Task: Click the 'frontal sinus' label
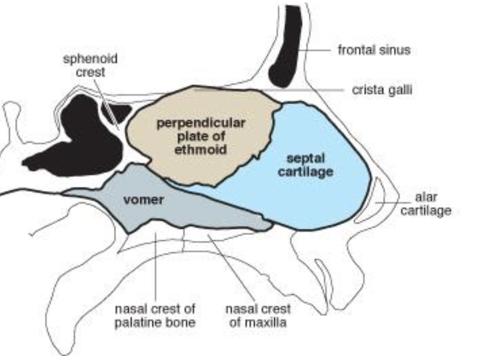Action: [374, 49]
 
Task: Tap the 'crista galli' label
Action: [381, 90]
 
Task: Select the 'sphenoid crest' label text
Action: [90, 65]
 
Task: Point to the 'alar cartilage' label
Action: [426, 204]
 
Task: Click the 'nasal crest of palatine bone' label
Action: [155, 316]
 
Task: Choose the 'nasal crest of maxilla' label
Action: [258, 316]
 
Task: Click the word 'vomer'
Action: [143, 200]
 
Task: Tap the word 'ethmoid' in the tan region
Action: [201, 149]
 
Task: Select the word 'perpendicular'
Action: [201, 123]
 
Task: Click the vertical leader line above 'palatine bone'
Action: [156, 267]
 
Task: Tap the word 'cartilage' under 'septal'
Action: [306, 172]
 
